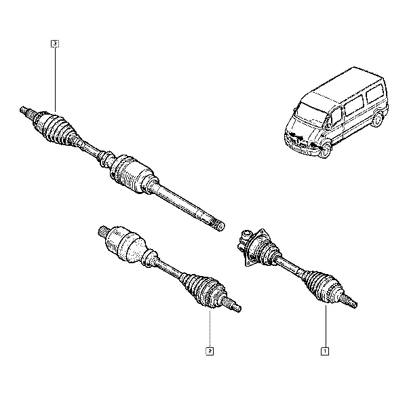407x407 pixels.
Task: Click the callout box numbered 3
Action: (x=55, y=44)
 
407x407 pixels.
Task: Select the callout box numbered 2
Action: (x=210, y=351)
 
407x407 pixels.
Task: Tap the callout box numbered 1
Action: (x=325, y=351)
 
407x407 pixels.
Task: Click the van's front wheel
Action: (x=325, y=151)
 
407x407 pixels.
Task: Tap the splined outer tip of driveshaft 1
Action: (x=350, y=303)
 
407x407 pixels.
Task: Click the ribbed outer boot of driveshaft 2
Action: (x=204, y=290)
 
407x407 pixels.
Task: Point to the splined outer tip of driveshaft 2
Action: (x=234, y=307)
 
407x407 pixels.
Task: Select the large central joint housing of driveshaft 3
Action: (x=133, y=173)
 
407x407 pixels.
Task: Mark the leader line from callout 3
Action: (x=55, y=79)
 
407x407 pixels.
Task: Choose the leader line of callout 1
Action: (x=326, y=326)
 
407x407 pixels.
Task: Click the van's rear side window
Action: (x=375, y=93)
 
